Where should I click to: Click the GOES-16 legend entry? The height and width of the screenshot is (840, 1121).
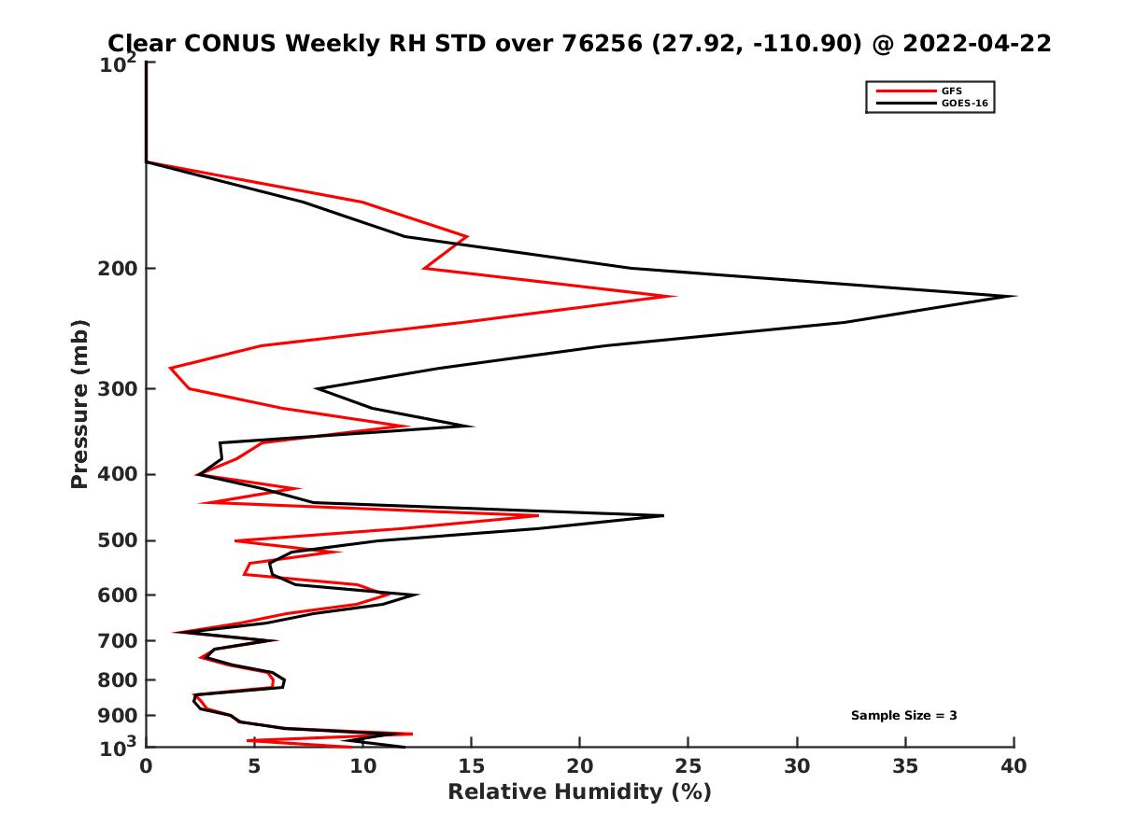[963, 104]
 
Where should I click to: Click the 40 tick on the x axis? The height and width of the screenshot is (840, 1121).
[1014, 766]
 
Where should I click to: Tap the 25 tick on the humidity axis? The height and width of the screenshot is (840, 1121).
[688, 766]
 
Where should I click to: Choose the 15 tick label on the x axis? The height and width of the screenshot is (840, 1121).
[471, 766]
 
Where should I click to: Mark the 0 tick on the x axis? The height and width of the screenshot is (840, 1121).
[147, 766]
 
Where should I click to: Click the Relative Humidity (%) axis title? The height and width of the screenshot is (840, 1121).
[579, 792]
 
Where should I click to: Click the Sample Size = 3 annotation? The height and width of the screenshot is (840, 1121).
[903, 716]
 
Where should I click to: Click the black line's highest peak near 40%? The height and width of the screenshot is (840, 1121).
[1015, 296]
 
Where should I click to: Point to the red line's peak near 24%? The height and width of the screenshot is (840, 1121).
[674, 296]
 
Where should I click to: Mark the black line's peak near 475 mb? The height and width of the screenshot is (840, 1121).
[662, 515]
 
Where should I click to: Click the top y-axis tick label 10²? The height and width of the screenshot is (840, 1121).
[119, 65]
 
